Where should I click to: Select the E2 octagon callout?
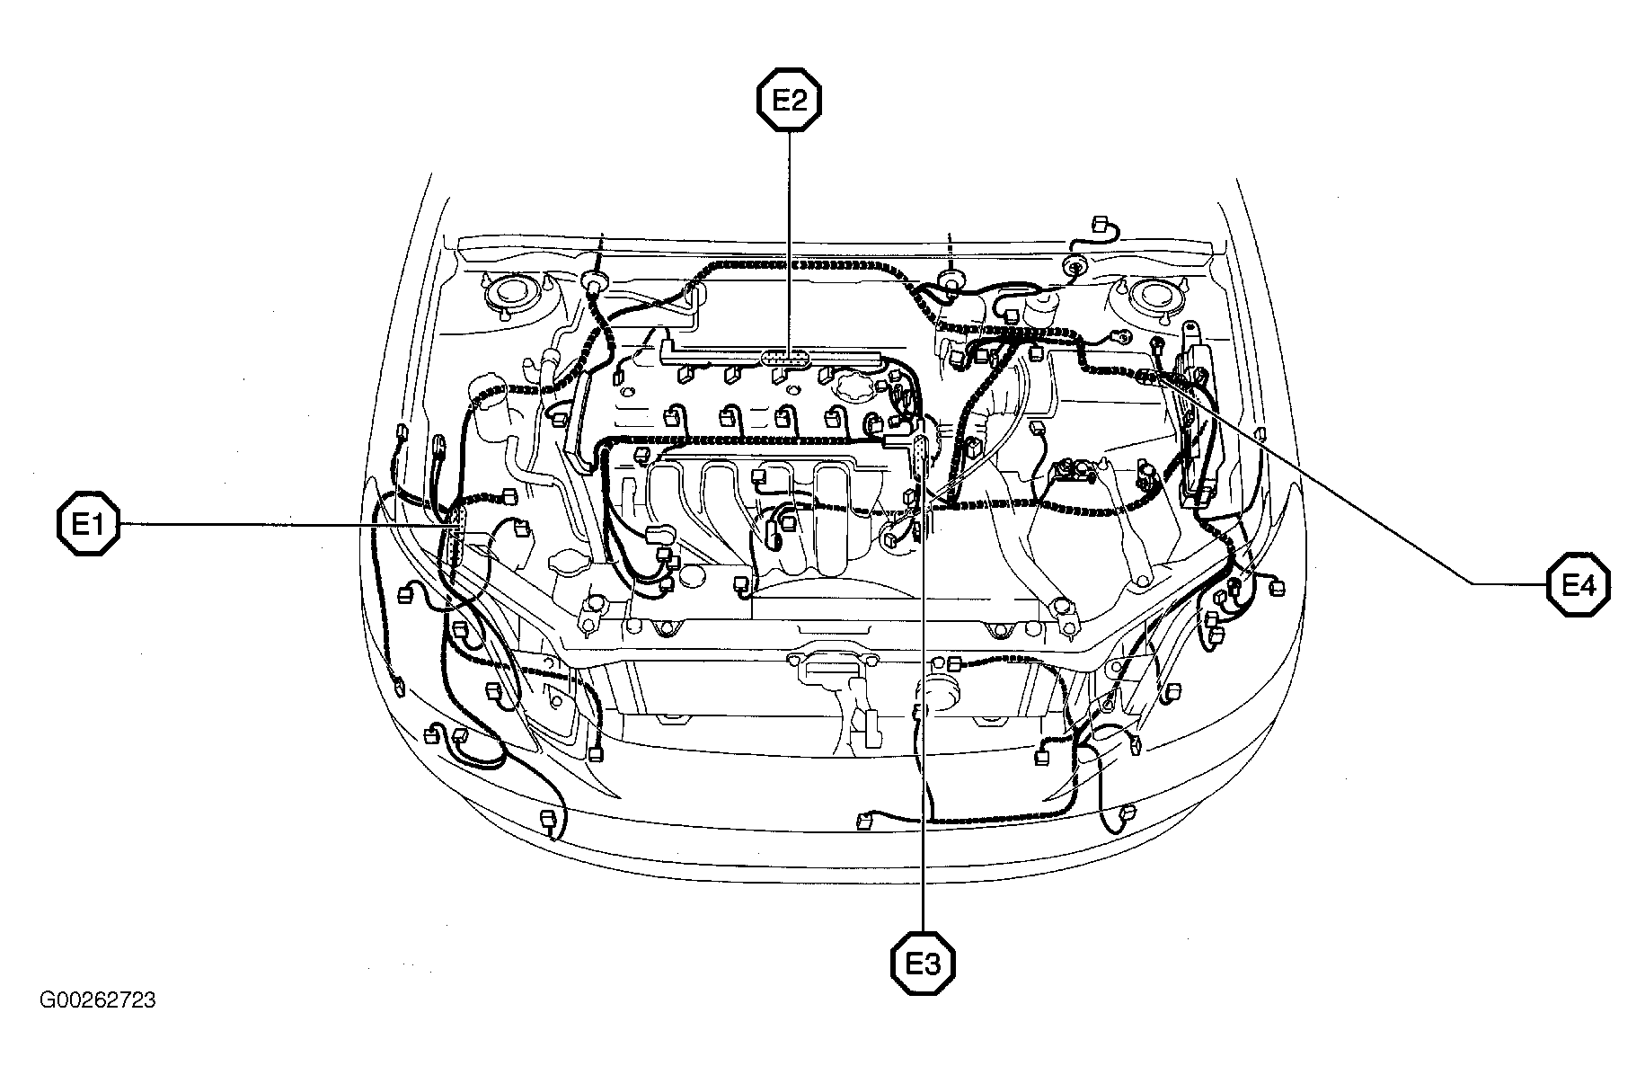coord(789,100)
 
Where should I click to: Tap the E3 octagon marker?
coord(923,964)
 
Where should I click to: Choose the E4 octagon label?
coord(1579,585)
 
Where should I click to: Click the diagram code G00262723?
coord(97,1000)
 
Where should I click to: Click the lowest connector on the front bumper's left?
coord(546,818)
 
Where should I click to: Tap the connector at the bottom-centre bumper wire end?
coord(864,819)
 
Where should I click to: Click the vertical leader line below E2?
coord(789,241)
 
